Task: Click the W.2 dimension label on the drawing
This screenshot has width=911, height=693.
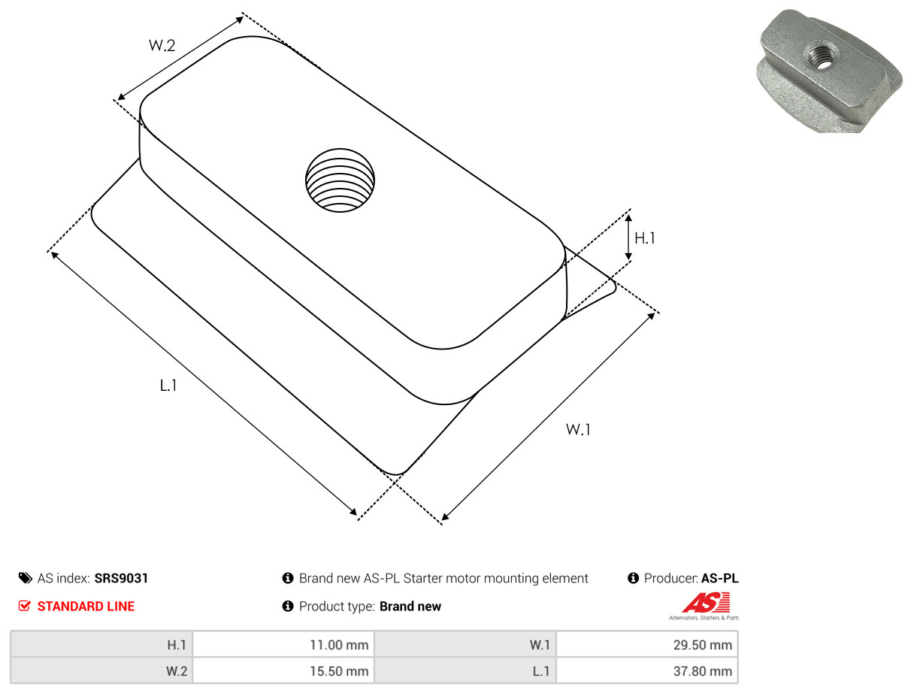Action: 162,45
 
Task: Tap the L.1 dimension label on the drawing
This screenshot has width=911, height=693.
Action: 168,386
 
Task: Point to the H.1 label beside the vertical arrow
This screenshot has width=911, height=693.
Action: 645,238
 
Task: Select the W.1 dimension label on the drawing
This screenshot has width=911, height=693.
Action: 578,429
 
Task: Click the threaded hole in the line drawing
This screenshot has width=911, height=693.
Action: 340,180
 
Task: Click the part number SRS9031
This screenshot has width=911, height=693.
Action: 121,578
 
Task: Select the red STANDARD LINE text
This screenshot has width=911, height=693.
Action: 86,607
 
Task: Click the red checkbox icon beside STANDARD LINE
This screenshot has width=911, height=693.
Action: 25,606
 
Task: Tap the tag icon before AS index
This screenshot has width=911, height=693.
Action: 26,578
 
